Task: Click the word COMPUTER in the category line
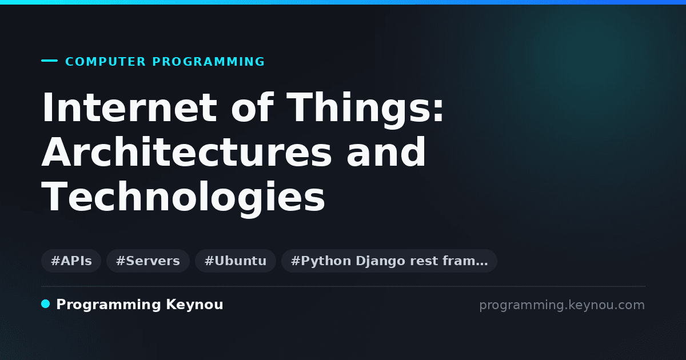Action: tap(105, 62)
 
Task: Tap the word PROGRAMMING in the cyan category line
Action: tap(208, 62)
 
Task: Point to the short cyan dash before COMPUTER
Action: tap(49, 61)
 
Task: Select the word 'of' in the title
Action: tap(252, 107)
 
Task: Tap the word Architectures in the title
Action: tap(186, 151)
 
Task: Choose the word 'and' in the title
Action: tap(386, 151)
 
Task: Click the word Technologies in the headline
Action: tap(183, 198)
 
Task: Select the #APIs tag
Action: tap(71, 261)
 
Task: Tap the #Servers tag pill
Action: tap(148, 261)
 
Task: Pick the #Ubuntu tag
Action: tap(236, 261)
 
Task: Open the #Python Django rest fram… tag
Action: tap(389, 261)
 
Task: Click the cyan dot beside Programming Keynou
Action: tap(46, 304)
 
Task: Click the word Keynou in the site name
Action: tap(194, 305)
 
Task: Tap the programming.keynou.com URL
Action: tap(562, 305)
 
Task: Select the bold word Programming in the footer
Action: tap(109, 305)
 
